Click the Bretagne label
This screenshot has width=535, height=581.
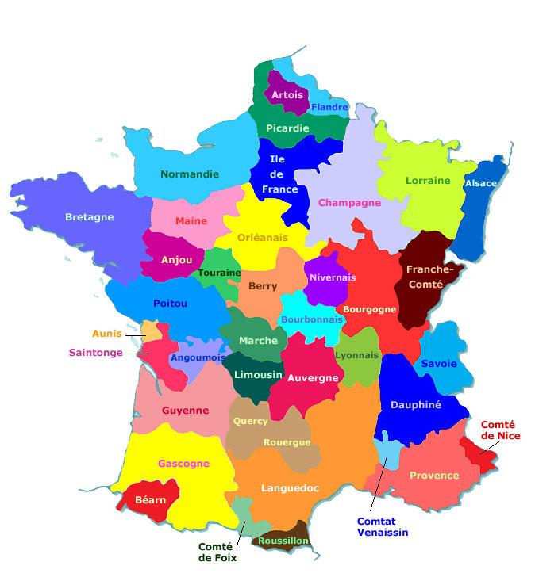pos(89,217)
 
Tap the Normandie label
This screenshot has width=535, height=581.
pos(190,174)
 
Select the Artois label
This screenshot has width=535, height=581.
pos(287,95)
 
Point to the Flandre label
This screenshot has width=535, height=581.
pos(329,107)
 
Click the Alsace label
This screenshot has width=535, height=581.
pos(480,183)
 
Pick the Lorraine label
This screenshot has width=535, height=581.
pos(428,181)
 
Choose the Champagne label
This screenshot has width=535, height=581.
pos(350,203)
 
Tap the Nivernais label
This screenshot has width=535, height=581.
pos(333,278)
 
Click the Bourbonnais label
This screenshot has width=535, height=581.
pos(312,319)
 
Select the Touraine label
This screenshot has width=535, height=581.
pos(219,273)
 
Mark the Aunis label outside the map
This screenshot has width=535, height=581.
pos(107,334)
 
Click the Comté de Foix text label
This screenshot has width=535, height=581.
pos(217,552)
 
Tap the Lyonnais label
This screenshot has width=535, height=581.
pos(357,356)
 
